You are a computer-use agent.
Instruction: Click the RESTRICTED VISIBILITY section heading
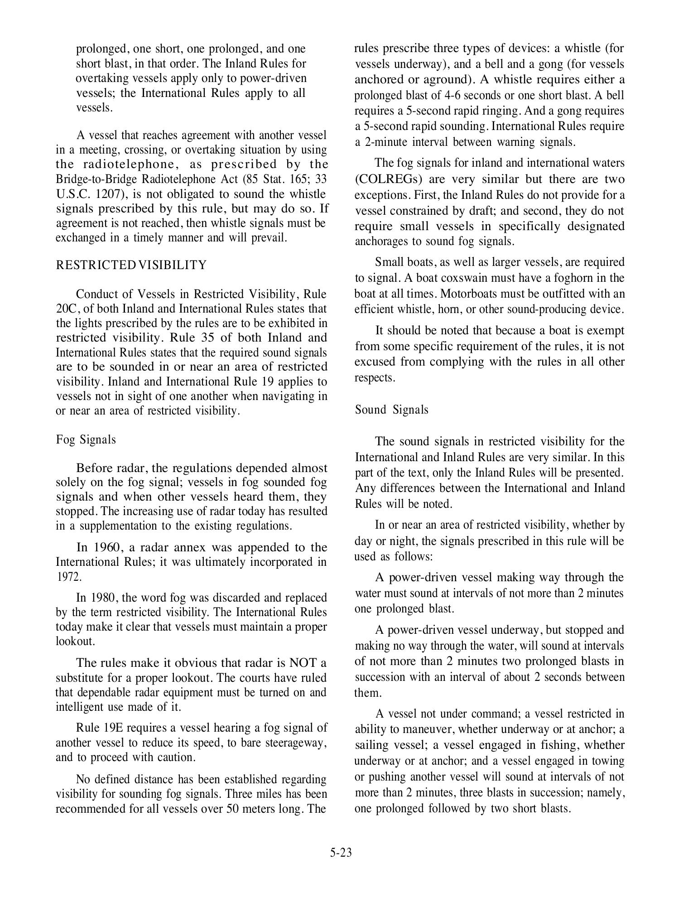131,265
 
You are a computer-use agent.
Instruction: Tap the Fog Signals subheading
86,439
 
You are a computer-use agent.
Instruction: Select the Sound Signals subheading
391,410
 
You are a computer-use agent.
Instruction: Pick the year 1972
69,577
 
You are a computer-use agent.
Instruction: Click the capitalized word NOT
303,663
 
